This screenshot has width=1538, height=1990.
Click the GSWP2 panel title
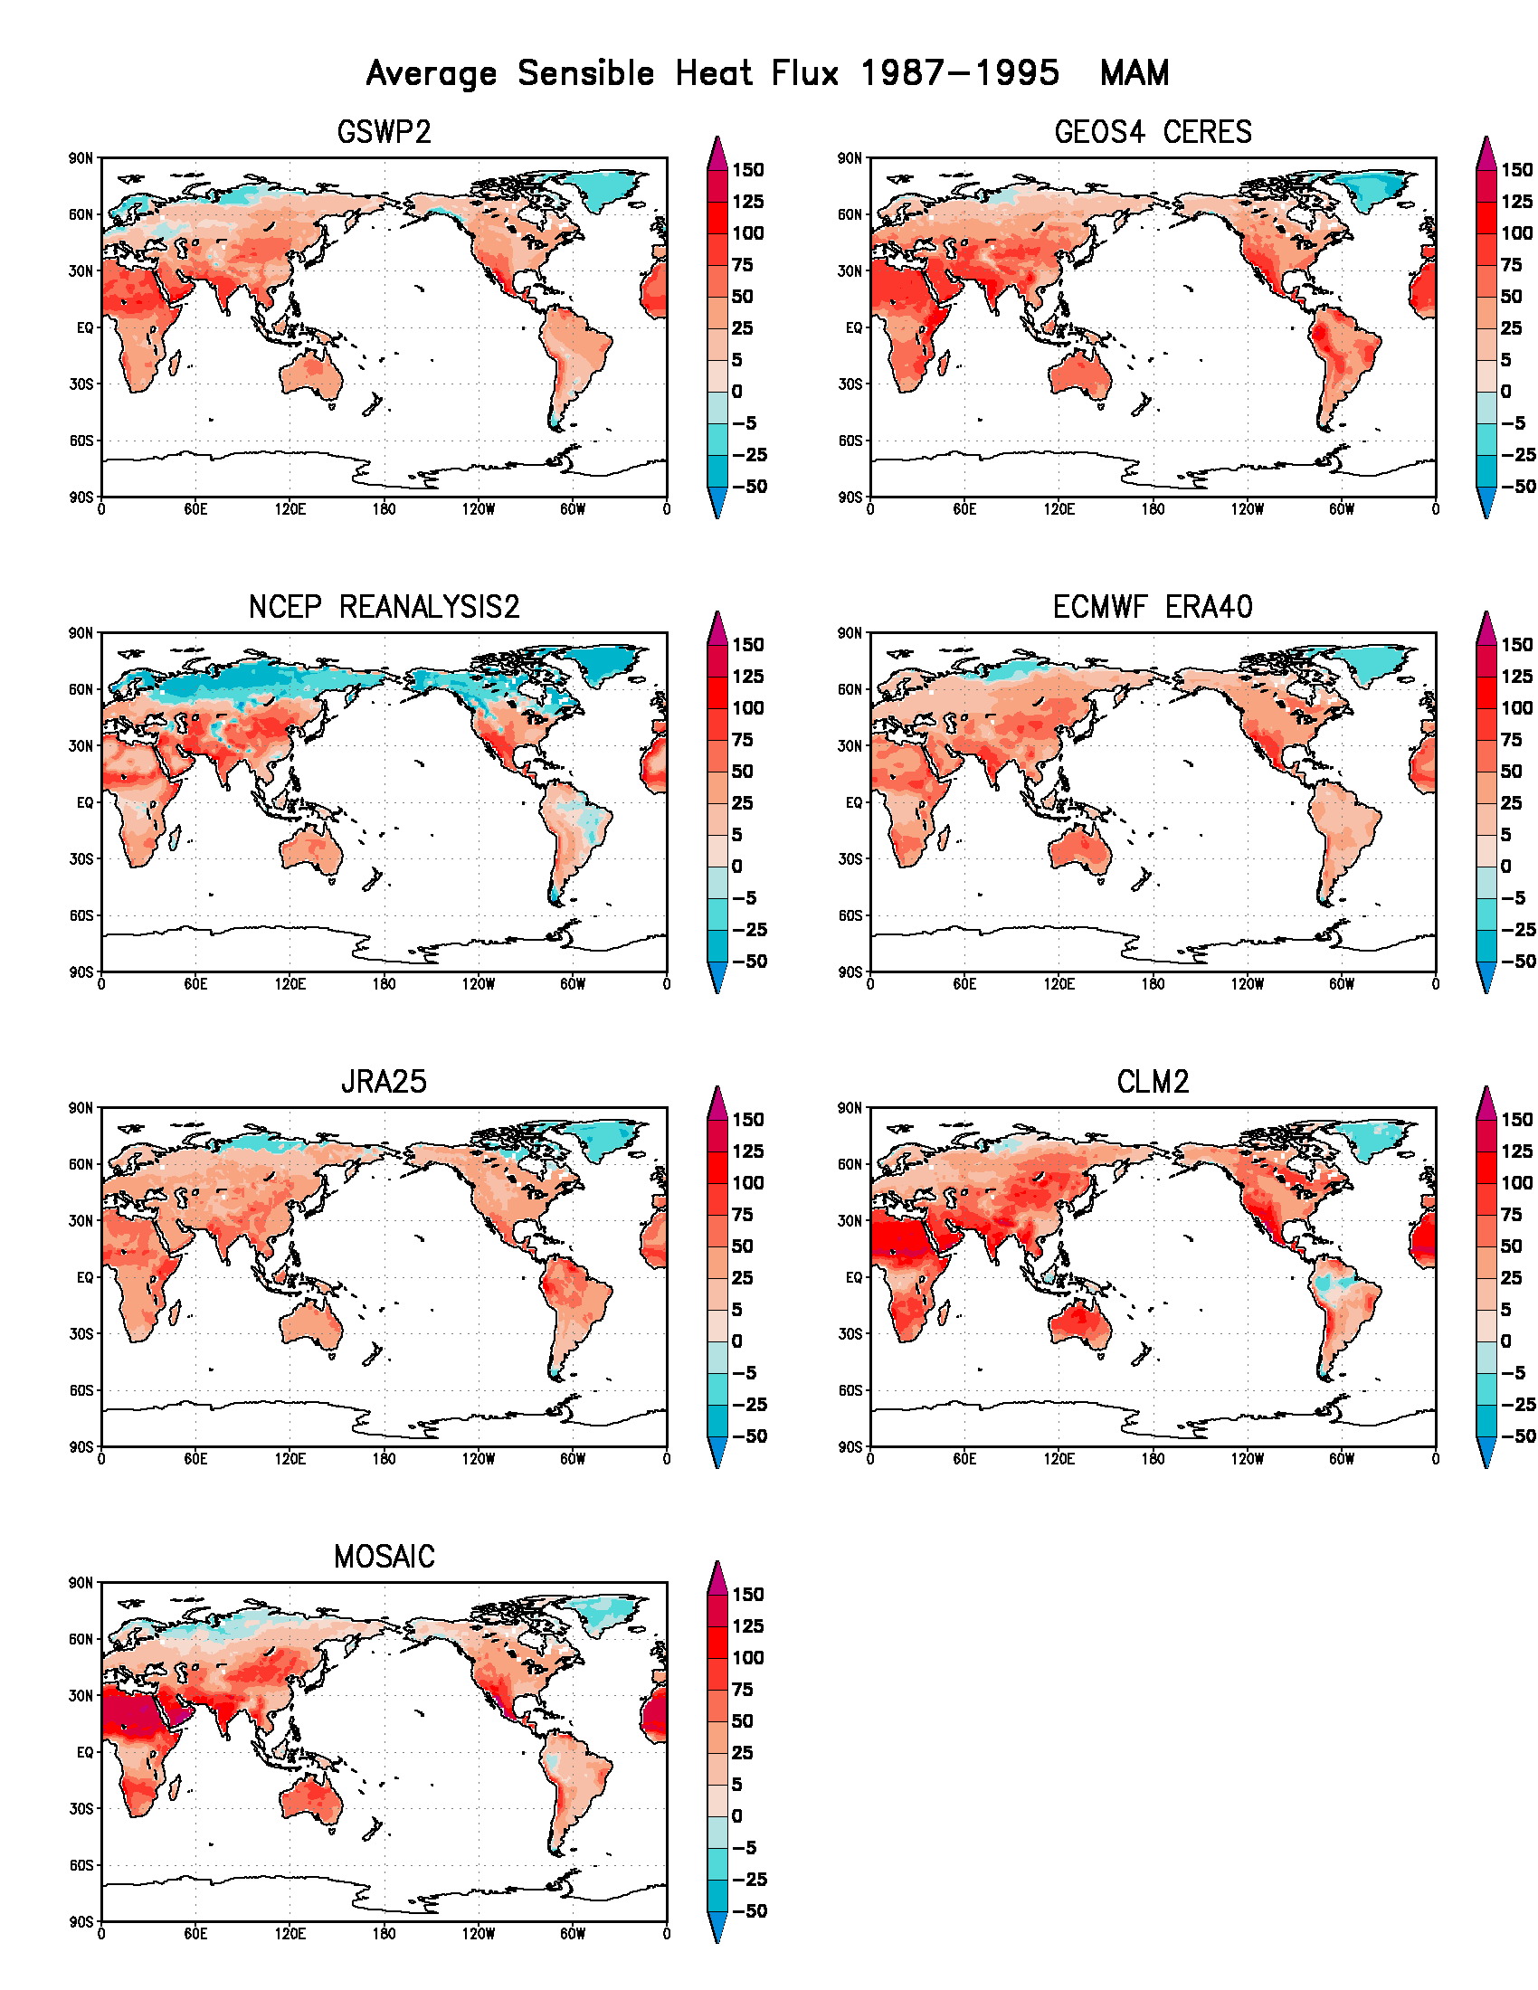click(384, 133)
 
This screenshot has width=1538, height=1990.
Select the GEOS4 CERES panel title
click(1153, 133)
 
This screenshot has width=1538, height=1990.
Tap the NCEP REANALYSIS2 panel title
click(384, 608)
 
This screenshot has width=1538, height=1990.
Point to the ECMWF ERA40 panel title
click(1153, 608)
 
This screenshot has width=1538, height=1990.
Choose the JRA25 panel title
click(384, 1083)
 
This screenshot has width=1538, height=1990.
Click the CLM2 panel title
click(1153, 1083)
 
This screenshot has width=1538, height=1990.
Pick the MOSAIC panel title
click(384, 1558)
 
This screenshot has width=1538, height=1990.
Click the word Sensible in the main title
click(586, 74)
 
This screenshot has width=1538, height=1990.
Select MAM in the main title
click(1135, 74)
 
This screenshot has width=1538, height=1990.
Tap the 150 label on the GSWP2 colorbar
click(747, 170)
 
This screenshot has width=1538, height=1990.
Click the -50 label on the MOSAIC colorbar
click(749, 1910)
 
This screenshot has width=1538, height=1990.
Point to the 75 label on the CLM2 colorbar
click(1511, 1215)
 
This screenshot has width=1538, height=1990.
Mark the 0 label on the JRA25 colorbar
click(737, 1341)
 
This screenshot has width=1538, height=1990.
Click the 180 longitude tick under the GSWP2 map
click(384, 509)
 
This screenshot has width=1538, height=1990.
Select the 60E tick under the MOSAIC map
click(195, 1934)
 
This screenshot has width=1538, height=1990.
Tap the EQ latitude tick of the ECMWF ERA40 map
click(853, 802)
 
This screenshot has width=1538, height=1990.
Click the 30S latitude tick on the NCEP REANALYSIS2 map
click(82, 859)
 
